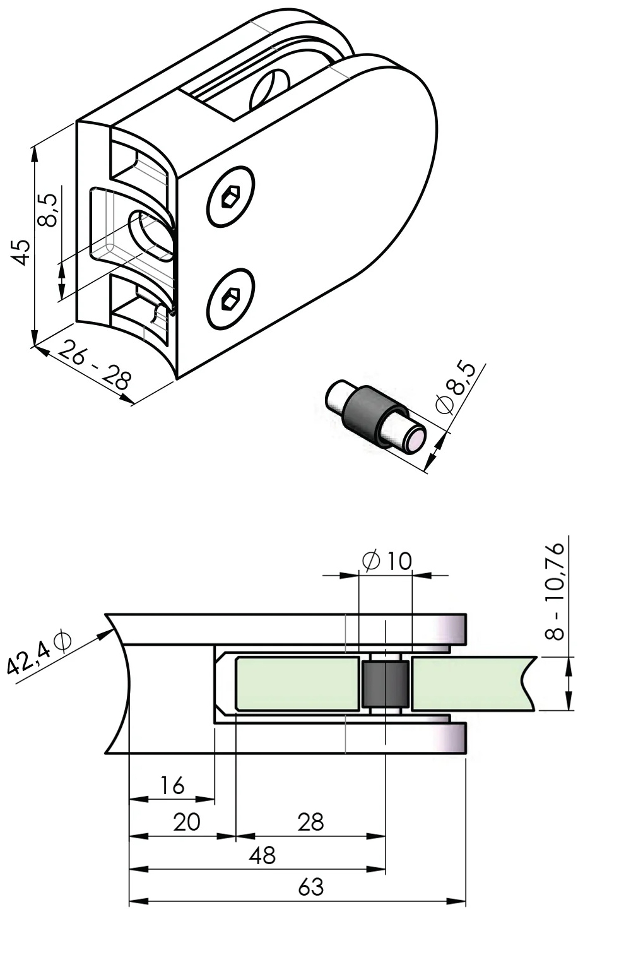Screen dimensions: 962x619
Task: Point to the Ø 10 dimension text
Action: tap(387, 560)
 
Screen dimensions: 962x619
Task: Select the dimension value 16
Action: tap(172, 785)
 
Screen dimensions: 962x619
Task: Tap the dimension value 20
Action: tap(186, 822)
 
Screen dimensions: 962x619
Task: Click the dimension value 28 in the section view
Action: tap(310, 822)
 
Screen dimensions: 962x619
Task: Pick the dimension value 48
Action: tap(262, 855)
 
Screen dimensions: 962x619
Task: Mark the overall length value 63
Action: tap(310, 888)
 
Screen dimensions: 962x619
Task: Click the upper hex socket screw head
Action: tap(231, 197)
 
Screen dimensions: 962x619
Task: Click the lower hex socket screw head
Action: tap(231, 299)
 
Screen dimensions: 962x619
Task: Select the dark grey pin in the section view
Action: tap(385, 684)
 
